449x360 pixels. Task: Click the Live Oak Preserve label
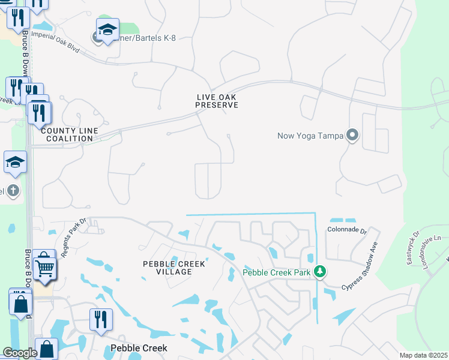tap(217, 101)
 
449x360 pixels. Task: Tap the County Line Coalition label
tap(67, 134)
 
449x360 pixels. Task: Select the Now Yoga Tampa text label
tap(310, 135)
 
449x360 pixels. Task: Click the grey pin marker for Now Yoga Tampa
tap(352, 135)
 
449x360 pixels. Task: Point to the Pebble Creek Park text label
tap(276, 272)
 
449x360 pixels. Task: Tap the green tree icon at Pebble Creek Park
tap(321, 272)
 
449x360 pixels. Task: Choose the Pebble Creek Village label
tap(174, 268)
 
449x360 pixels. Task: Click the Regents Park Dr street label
tap(76, 230)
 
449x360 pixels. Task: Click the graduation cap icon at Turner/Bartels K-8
tap(107, 29)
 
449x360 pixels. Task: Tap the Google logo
tap(20, 353)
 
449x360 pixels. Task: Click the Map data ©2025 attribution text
tap(423, 355)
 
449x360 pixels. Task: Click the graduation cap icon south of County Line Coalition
tap(15, 162)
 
